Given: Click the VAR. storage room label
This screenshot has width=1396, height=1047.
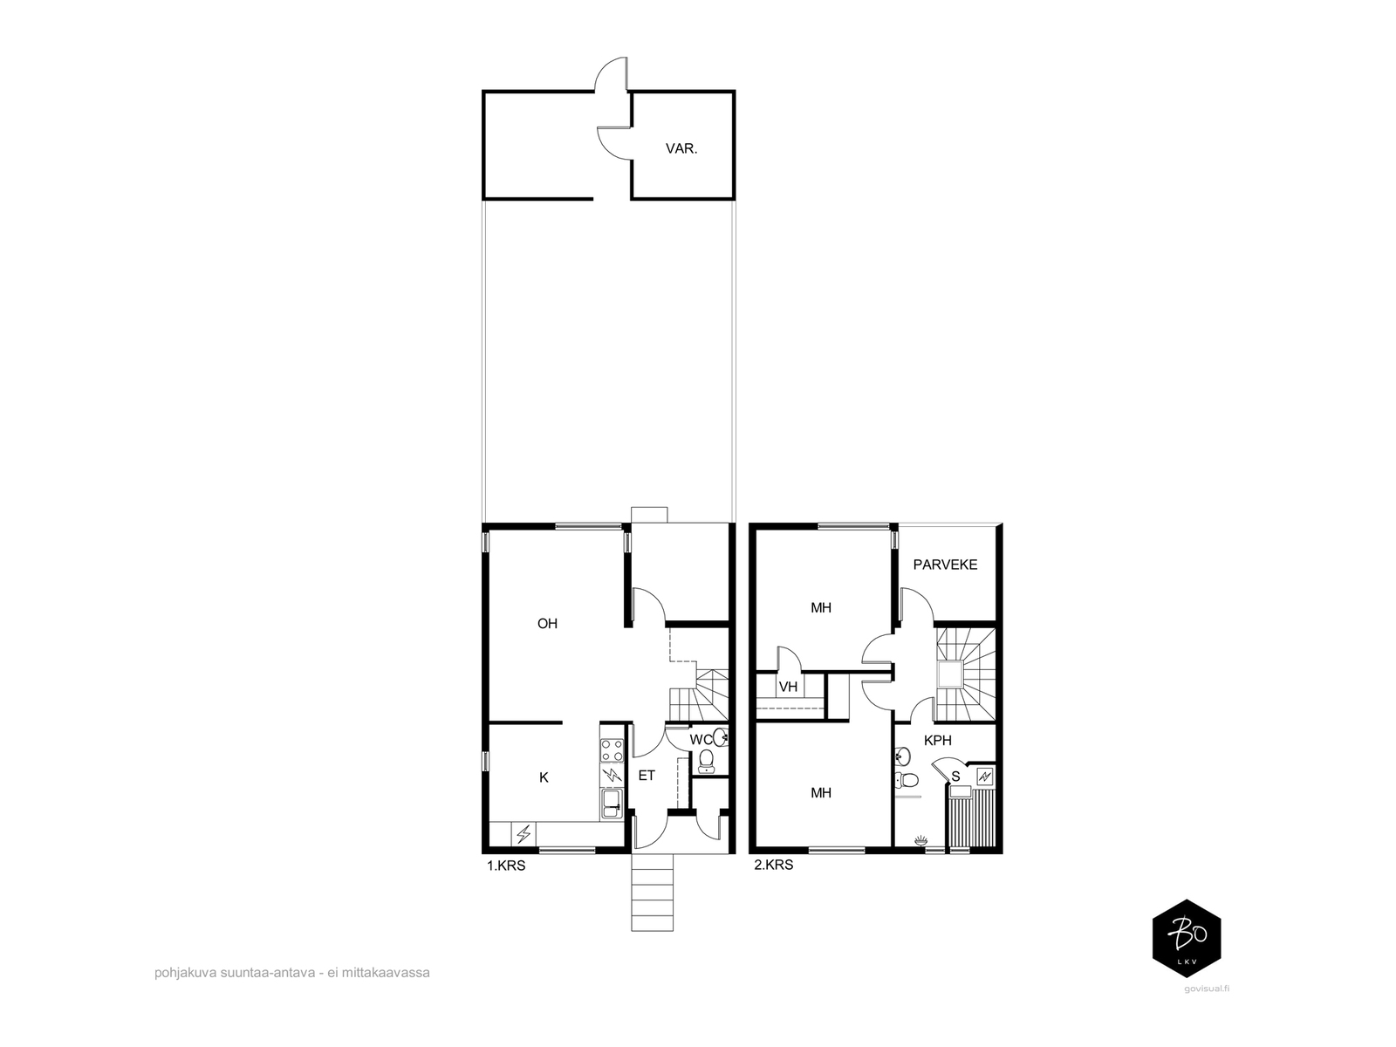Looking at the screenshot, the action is click(x=681, y=148).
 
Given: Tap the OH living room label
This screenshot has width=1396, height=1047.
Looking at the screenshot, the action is click(x=547, y=624).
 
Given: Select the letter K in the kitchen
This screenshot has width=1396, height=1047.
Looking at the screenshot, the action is click(x=544, y=777).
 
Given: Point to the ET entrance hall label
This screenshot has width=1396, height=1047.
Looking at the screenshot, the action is click(x=647, y=776).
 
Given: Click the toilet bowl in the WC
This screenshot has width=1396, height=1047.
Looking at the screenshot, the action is click(x=705, y=760).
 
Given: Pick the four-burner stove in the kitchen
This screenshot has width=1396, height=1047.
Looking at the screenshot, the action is click(x=612, y=750).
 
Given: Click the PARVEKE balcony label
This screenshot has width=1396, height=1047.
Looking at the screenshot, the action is click(x=945, y=565).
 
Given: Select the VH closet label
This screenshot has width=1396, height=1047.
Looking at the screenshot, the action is click(x=788, y=687).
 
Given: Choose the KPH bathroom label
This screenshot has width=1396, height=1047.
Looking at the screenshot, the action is click(x=937, y=740).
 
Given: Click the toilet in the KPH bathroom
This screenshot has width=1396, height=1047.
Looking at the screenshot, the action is click(x=906, y=779).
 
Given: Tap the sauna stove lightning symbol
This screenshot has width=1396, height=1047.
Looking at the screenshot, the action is click(x=985, y=777).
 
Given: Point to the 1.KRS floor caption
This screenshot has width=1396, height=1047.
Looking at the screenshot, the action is click(x=506, y=866).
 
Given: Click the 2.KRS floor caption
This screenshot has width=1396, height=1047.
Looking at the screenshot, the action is click(x=773, y=866).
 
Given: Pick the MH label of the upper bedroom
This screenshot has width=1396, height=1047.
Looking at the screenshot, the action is click(x=820, y=608).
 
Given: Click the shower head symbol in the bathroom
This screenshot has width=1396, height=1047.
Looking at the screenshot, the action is click(x=920, y=841).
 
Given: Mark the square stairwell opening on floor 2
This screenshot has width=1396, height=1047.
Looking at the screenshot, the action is click(x=951, y=674).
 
